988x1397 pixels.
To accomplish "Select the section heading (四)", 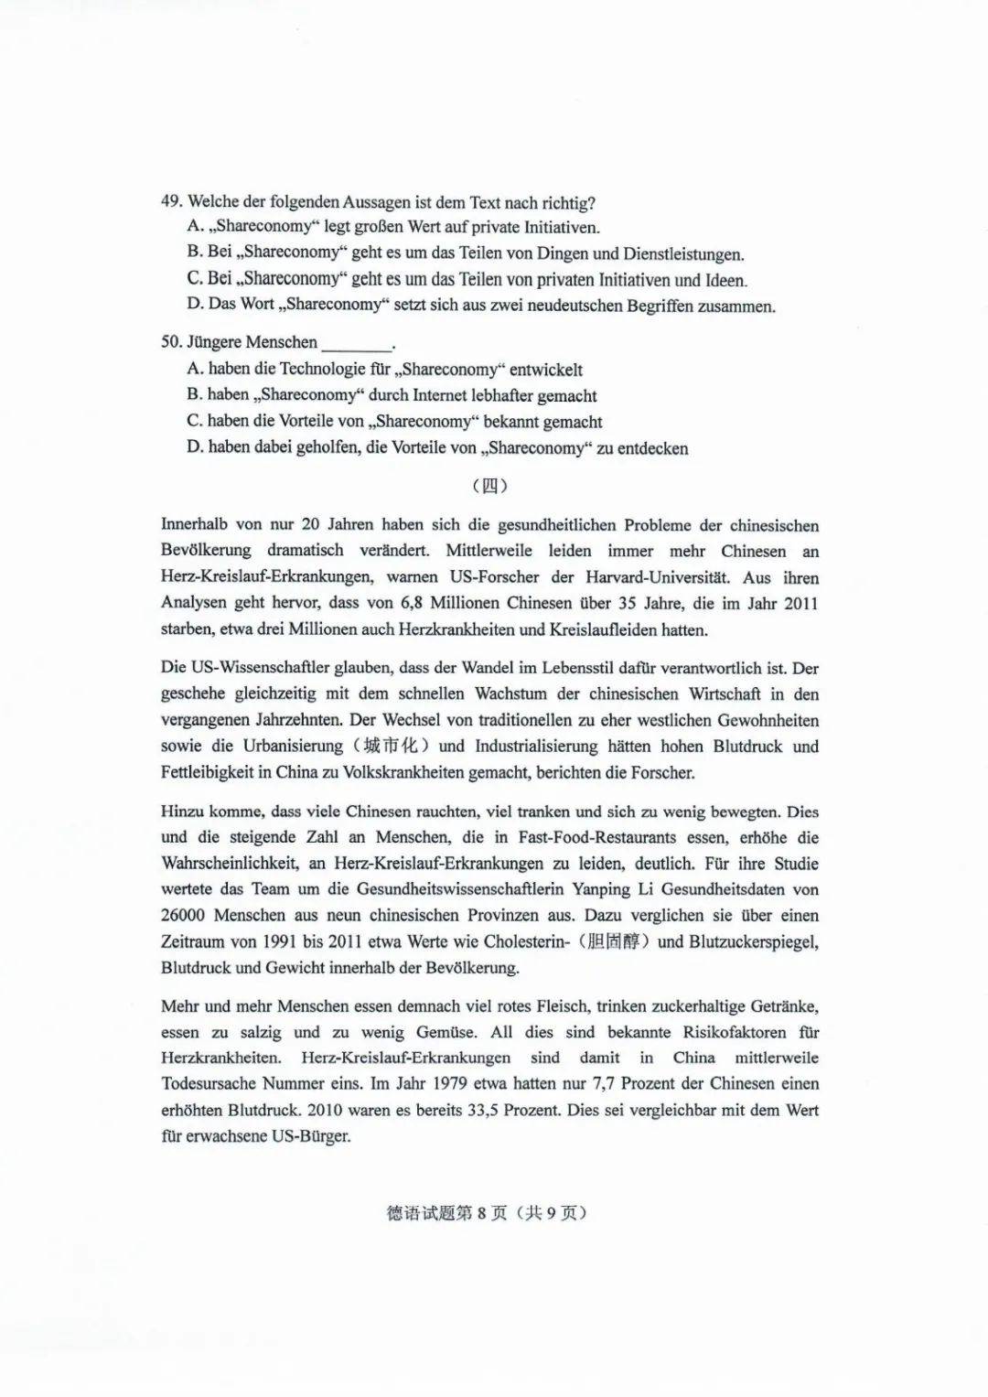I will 490,486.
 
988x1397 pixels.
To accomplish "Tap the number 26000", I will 183,915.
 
